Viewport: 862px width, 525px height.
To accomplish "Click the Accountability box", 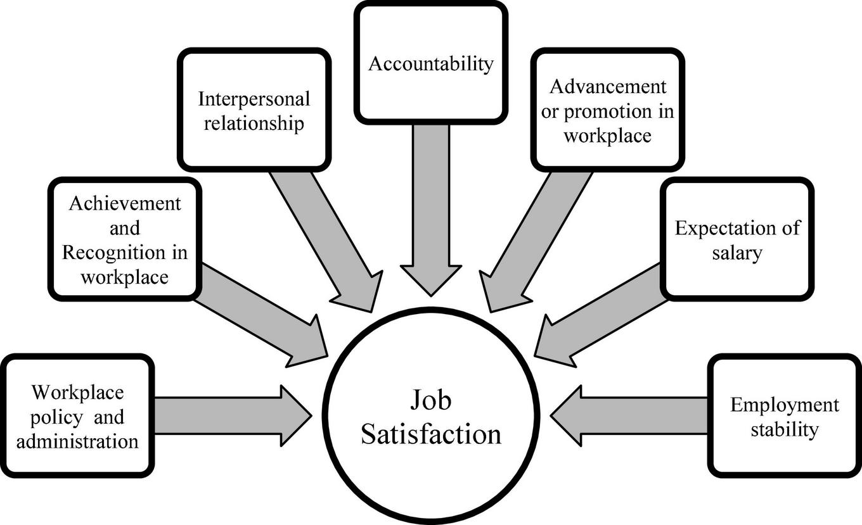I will pyautogui.click(x=431, y=63).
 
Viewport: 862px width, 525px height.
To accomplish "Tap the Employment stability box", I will pyautogui.click(x=784, y=415).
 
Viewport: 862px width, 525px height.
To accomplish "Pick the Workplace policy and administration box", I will pyautogui.click(x=77, y=415).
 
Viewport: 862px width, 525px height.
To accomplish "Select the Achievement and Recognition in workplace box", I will pyautogui.click(x=125, y=239).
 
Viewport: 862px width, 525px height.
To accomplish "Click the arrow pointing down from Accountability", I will pyautogui.click(x=431, y=209).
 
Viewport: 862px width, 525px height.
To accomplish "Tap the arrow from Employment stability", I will pyautogui.click(x=627, y=417).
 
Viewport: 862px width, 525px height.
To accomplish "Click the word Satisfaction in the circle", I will pyautogui.click(x=430, y=435).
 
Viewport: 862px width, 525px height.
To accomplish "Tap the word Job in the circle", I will pyautogui.click(x=430, y=401).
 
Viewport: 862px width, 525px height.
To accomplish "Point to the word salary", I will pyautogui.click(x=736, y=253).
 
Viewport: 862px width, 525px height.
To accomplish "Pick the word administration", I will pyautogui.click(x=77, y=440).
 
